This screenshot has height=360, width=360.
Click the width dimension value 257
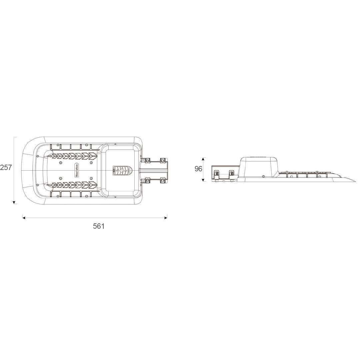pos(6,167)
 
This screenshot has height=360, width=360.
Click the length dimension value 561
pos(99,226)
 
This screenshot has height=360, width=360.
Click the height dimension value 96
pos(198,169)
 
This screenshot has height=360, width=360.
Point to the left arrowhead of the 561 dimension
pos(24,218)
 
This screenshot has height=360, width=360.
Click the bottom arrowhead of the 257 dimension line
pos(14,202)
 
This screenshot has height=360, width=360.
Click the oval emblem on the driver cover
pos(122,171)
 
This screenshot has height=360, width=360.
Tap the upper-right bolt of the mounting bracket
pos(163,160)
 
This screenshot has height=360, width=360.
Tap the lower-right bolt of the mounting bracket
pos(163,181)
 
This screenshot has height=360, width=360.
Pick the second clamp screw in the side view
pos(231,174)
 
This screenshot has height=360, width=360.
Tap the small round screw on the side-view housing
pos(264,176)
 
